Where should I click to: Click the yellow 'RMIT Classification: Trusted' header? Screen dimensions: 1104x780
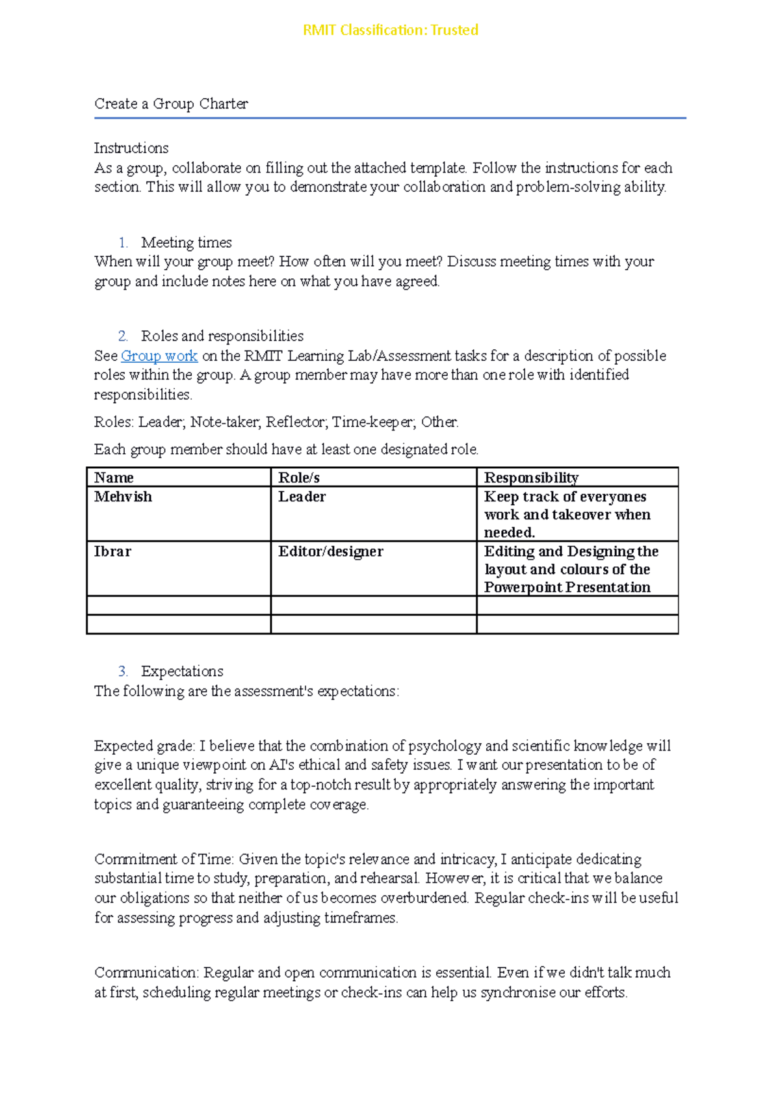[390, 30]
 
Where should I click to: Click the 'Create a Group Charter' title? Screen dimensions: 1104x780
[171, 104]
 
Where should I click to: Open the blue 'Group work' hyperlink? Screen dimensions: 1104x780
[159, 356]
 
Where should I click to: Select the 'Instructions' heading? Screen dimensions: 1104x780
[131, 148]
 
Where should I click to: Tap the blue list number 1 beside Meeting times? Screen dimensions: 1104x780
[122, 243]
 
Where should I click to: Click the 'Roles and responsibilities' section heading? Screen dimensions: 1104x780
[222, 336]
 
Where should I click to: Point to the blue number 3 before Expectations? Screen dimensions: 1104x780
[122, 672]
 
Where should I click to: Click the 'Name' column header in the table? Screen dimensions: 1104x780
[114, 478]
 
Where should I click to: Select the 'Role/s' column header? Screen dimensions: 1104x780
[299, 478]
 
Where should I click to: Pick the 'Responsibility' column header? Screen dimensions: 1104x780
[531, 478]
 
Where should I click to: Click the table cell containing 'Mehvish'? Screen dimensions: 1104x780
[123, 497]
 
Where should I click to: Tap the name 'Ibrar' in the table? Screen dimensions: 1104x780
[112, 551]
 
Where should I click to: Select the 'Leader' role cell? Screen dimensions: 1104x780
[302, 497]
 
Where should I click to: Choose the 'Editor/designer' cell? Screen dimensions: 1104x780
[330, 551]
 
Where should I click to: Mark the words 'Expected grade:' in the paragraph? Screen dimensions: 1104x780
[144, 746]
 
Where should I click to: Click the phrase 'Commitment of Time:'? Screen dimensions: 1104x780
[164, 860]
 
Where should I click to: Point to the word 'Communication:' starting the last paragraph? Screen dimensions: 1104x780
[146, 973]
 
